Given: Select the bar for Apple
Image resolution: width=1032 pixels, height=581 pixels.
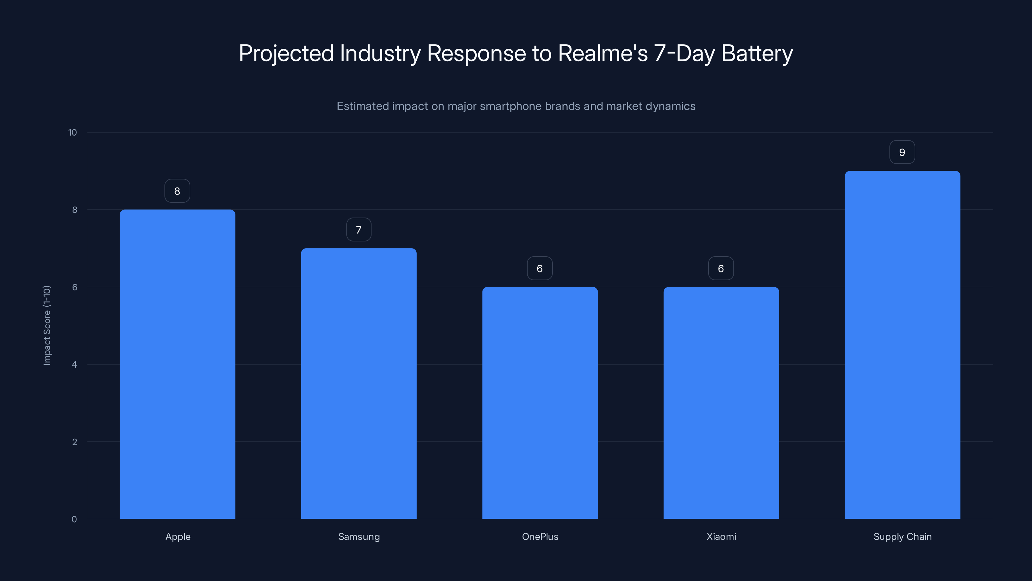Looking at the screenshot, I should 177,364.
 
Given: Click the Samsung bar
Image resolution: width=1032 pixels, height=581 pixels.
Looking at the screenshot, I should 359,383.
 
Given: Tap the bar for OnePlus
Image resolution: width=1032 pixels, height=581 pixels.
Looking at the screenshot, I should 540,403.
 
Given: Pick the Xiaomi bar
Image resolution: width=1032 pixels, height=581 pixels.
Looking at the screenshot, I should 721,403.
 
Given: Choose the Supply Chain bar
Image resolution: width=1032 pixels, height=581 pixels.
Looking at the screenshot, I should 902,345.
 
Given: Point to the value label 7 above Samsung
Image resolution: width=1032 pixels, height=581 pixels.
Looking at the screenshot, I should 359,230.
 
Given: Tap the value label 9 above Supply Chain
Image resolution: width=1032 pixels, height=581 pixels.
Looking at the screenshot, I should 902,152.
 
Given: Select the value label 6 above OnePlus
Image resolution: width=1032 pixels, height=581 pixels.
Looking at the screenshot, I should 540,269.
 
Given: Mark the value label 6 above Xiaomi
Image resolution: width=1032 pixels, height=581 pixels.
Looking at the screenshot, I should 721,269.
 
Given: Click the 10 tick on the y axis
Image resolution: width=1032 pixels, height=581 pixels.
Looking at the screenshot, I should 73,133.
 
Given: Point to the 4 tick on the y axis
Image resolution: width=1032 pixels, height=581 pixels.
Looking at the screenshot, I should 74,365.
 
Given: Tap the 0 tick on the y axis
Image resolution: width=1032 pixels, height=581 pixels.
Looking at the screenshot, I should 74,520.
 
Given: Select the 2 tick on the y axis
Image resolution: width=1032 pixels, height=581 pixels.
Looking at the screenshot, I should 74,442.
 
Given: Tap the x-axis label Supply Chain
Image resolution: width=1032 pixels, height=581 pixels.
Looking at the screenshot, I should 902,537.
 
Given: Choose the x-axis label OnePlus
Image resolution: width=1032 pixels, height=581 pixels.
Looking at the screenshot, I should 540,537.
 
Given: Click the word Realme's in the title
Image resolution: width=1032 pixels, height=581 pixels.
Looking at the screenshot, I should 602,53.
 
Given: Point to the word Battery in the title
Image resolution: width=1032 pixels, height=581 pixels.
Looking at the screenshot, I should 757,53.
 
